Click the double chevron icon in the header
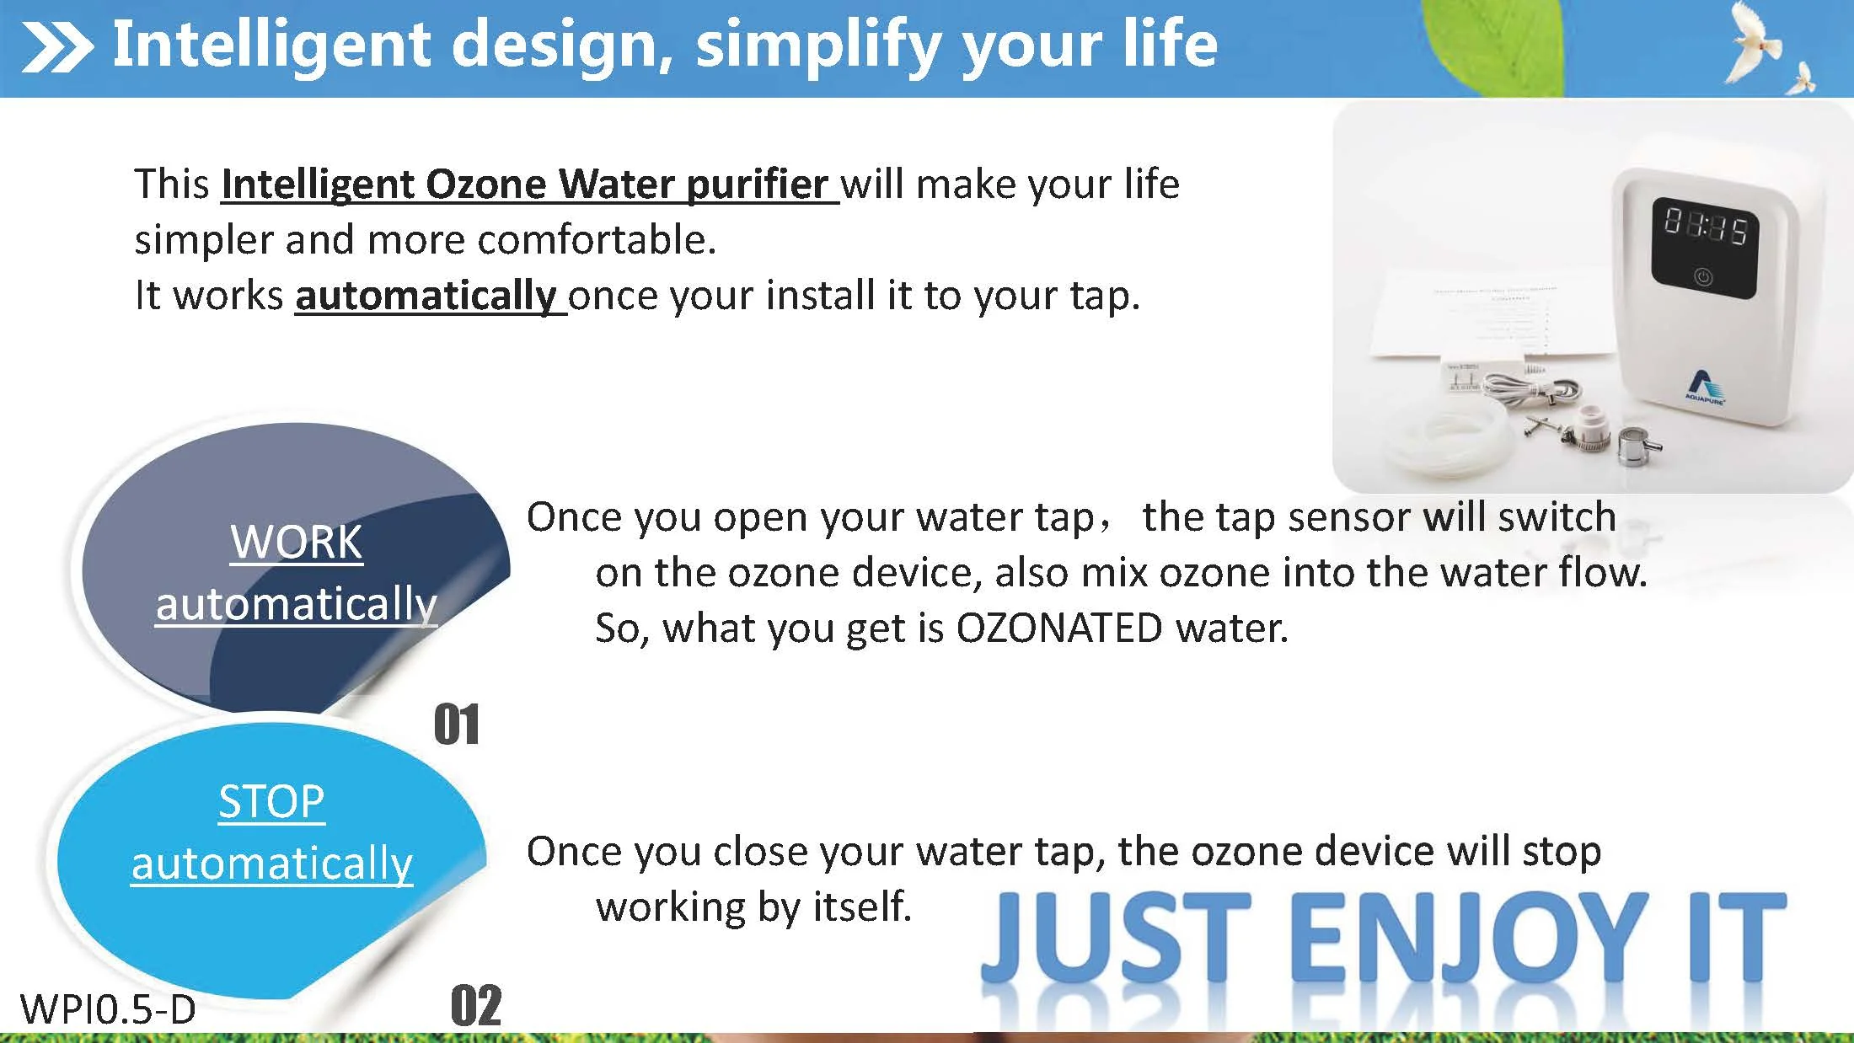[x=56, y=48]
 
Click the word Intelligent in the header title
[x=271, y=44]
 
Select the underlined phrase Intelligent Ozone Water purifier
[x=529, y=185]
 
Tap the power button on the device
[x=1703, y=277]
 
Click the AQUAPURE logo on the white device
[x=1705, y=387]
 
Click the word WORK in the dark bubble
[x=296, y=542]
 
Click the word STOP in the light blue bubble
[x=271, y=801]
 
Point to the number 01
[x=457, y=725]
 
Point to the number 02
[x=476, y=1006]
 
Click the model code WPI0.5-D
[x=107, y=1009]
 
